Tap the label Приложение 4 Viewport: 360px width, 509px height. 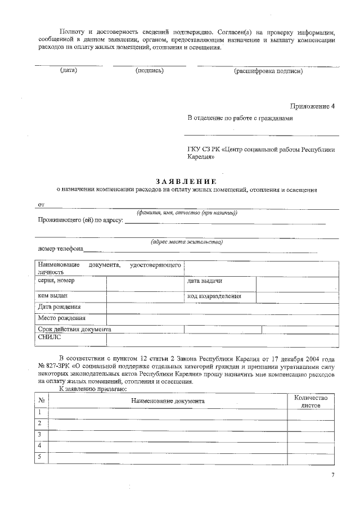[x=312, y=106]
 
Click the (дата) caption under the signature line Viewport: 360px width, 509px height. [x=68, y=71]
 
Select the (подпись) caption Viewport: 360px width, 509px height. [x=149, y=71]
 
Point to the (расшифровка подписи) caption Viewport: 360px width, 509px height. [x=268, y=71]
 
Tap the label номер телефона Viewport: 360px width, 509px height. [x=61, y=249]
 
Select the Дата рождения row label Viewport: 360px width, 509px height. [x=59, y=307]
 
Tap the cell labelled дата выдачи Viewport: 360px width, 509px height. [x=204, y=281]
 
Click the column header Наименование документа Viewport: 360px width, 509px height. [x=168, y=400]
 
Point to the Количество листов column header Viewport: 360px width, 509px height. [x=310, y=400]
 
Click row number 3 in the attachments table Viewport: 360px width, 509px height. [x=40, y=434]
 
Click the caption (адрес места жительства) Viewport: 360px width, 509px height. [x=186, y=242]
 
